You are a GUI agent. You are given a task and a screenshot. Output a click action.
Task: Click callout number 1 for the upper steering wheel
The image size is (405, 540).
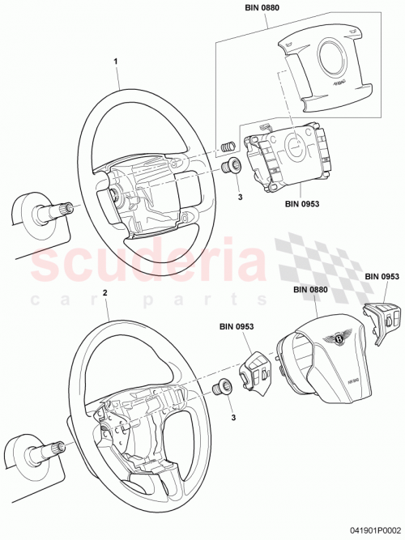pyautogui.click(x=116, y=61)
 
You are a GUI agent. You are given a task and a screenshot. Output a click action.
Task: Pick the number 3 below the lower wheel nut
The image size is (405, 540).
pyautogui.click(x=234, y=418)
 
